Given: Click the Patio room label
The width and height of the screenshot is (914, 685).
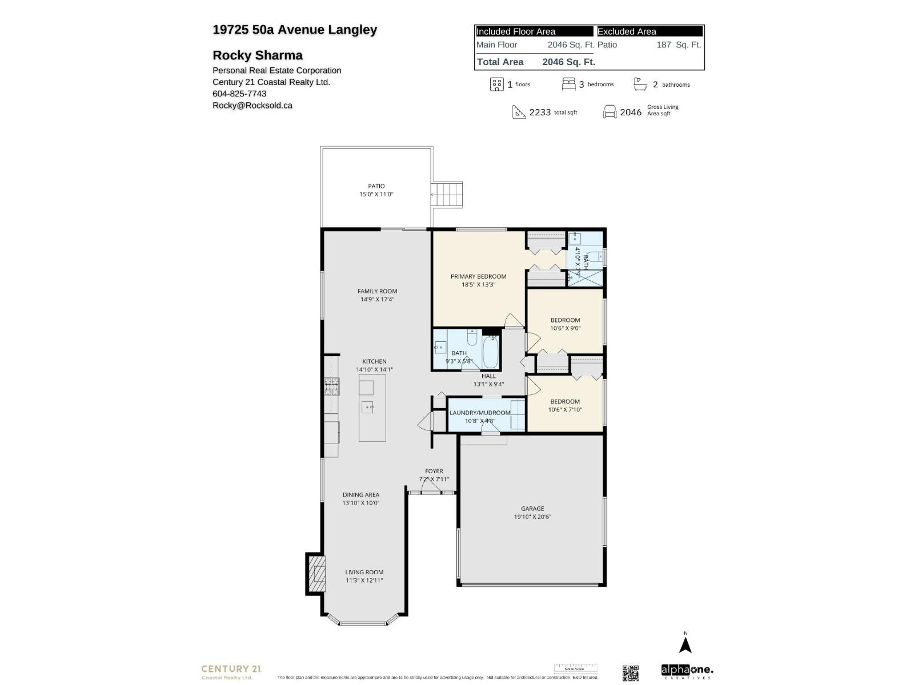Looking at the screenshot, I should pos(376,186).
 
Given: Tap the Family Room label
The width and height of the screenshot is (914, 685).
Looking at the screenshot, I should pos(377,291).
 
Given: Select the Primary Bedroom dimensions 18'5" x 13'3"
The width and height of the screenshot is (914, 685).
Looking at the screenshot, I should pos(478,284).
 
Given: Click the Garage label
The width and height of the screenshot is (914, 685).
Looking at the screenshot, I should pos(532,509).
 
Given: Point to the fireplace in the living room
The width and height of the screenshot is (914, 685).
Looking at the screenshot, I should pos(316,574).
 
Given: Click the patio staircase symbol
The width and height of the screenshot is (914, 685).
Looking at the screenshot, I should pos(447,195).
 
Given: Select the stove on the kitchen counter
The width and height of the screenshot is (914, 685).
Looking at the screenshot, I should pos(331,387).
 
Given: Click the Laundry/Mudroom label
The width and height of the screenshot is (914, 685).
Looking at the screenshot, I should pos(480,413).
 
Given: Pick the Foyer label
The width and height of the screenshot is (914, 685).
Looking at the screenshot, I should pos(434,471).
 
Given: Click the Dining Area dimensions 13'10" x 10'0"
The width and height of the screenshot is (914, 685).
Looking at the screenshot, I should pos(360,503).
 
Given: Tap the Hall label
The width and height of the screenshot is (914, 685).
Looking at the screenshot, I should pos(488,376).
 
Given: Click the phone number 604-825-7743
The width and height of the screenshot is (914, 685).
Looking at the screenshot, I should pos(239,94).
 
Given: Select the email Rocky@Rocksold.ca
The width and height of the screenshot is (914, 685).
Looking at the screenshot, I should pos(252,105).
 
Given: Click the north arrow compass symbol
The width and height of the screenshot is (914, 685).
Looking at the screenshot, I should pos(685,644).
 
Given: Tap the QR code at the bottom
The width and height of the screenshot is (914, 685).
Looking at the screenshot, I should pos(630,673).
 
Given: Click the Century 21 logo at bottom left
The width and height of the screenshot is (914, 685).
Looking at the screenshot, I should pos(231,671).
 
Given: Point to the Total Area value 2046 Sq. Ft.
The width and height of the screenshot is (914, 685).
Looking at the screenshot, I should pos(568,62).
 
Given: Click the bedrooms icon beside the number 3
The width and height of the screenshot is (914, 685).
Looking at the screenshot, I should pos(568,84).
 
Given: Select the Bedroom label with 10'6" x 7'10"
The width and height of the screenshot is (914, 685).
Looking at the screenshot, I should pos(565,401).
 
